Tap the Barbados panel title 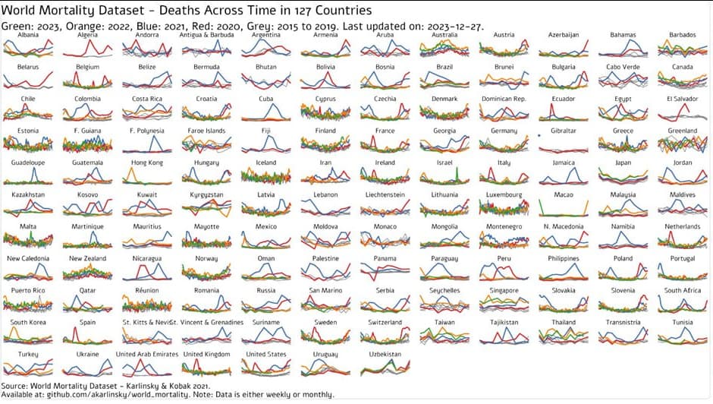(681, 36)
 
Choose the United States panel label (265, 354)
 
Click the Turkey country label (28, 354)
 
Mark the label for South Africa (681, 290)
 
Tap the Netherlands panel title (681, 226)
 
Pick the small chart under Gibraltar (563, 146)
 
